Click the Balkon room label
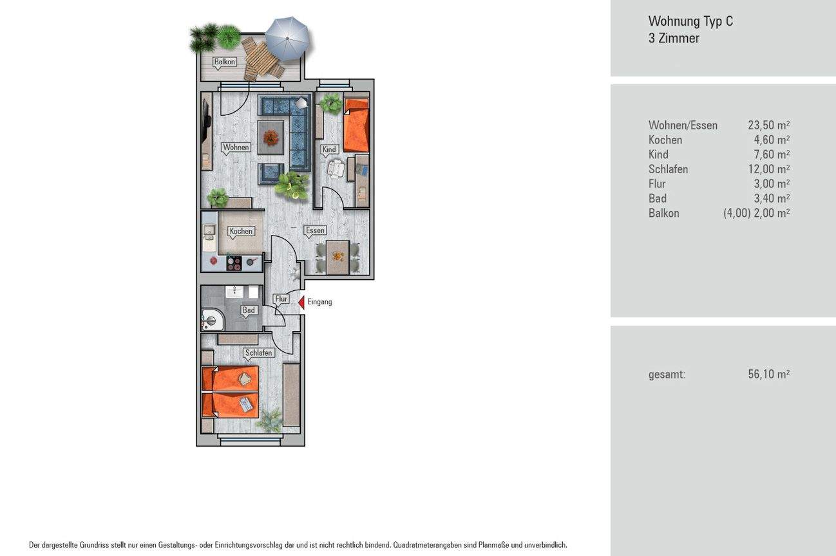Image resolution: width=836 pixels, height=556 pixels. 225,62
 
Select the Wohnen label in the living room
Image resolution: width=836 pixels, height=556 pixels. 236,147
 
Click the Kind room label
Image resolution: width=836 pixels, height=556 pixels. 329,149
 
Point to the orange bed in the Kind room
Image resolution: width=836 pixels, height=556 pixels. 356,126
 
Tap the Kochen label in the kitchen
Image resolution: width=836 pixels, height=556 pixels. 241,231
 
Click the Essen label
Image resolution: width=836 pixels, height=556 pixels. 315,230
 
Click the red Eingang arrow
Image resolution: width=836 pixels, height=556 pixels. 301,302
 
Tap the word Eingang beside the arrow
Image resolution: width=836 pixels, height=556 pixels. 320,302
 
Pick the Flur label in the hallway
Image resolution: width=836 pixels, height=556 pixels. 281,299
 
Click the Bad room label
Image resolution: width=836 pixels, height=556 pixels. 249,310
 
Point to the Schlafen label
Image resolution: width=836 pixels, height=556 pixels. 259,353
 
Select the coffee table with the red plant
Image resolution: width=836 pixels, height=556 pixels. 271,135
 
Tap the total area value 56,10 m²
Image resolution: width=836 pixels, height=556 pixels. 768,374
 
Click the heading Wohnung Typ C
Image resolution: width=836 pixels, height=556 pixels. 690,21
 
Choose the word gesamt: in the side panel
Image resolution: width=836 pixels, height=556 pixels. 667,374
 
